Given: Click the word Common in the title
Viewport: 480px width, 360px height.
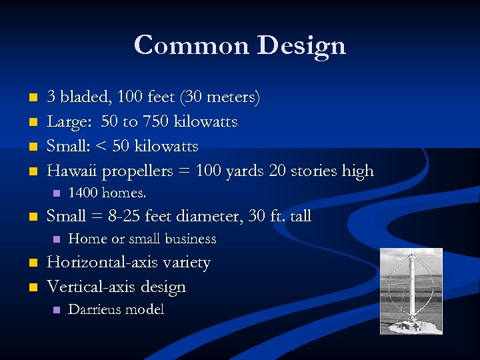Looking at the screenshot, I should tap(191, 45).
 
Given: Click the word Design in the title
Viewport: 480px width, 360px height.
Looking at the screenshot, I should tap(301, 45).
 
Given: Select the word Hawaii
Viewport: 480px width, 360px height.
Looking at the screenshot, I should tap(73, 171).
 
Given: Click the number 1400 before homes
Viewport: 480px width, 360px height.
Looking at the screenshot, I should tap(83, 193).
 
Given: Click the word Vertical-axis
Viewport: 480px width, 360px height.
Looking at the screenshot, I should tap(91, 287).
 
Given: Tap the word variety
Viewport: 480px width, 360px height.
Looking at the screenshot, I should tap(185, 262).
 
